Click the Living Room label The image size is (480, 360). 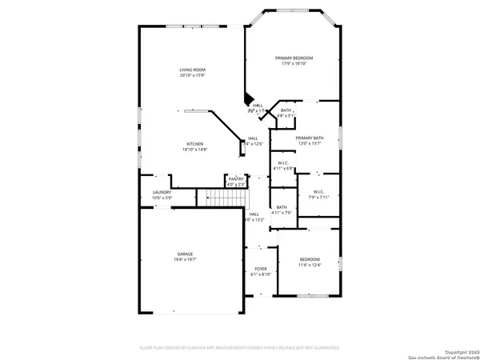click(x=192, y=70)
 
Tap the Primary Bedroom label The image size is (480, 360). click(x=294, y=58)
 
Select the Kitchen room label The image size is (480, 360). click(x=195, y=144)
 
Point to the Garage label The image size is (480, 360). click(x=185, y=254)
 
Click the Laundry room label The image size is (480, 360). click(x=162, y=192)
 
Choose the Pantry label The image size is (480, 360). click(x=235, y=179)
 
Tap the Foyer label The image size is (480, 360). click(x=260, y=268)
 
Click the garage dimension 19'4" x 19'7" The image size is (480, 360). click(x=185, y=260)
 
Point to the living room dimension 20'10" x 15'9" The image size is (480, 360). click(x=192, y=76)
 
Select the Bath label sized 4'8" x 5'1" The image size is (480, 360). click(x=286, y=113)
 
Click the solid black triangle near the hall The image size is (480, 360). click(x=248, y=101)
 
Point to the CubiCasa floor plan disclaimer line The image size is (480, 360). click(x=239, y=348)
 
